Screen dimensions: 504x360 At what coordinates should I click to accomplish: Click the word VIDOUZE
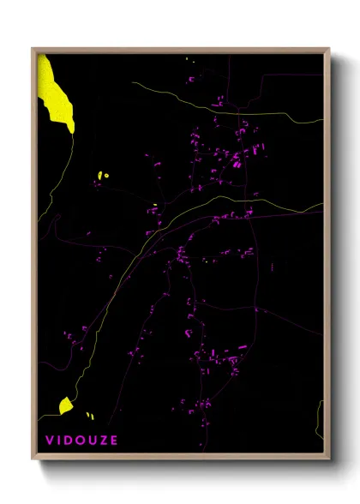(82, 441)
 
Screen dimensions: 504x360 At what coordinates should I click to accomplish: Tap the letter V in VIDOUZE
(50, 441)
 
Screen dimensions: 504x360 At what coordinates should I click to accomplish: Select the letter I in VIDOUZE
(59, 441)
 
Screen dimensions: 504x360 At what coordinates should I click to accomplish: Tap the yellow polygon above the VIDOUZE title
(65, 405)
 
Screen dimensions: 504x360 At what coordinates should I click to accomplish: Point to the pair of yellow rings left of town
(103, 177)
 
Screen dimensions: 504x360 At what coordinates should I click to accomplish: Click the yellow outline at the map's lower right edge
(321, 420)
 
